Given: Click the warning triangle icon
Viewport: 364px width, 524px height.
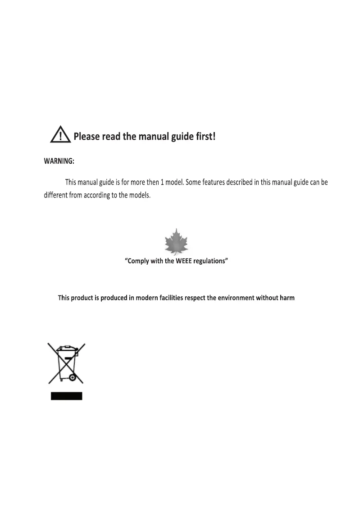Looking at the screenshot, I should (60, 135).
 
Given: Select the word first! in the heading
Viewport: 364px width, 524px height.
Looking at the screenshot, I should (205, 136).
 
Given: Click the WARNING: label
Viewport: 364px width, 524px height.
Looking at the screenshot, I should (59, 161).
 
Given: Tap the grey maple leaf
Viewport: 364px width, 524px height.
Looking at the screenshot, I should (176, 243).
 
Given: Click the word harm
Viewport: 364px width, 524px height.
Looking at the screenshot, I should (287, 298).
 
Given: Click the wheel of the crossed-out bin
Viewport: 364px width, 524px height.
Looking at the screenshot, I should (72, 377).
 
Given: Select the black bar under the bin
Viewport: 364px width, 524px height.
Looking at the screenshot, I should (66, 396).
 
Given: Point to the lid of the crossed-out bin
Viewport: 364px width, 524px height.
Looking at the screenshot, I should (66, 348).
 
